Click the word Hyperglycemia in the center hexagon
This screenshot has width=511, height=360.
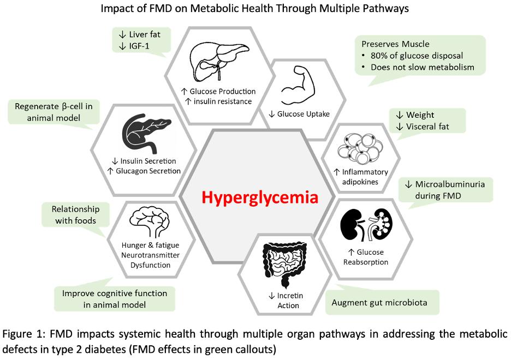click(x=259, y=197)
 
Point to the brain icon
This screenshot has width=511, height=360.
click(x=151, y=220)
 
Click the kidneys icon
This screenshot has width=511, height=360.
click(x=367, y=225)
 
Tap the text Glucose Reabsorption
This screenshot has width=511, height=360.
click(x=366, y=257)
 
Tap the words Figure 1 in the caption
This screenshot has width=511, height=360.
click(x=23, y=334)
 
